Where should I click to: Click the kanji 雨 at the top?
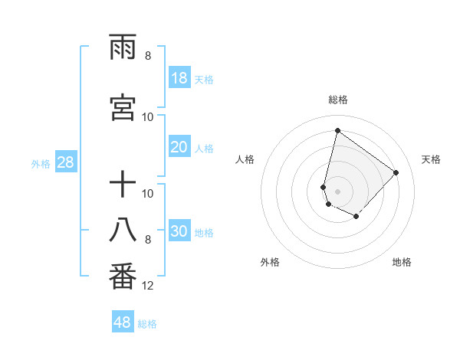pyautogui.click(x=123, y=51)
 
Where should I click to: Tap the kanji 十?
pyautogui.click(x=123, y=186)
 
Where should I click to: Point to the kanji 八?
pyautogui.click(x=123, y=231)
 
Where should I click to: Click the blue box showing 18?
pyautogui.click(x=179, y=78)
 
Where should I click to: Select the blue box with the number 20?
pyautogui.click(x=179, y=148)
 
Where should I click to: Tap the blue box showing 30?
pyautogui.click(x=179, y=232)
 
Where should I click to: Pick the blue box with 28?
pyautogui.click(x=65, y=162)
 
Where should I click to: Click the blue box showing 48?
pyautogui.click(x=123, y=322)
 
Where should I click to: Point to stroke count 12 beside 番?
pyautogui.click(x=148, y=286)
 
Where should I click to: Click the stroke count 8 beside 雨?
pyautogui.click(x=148, y=56)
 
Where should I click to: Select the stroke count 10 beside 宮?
pyautogui.click(x=148, y=116)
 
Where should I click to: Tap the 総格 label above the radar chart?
pyautogui.click(x=338, y=100)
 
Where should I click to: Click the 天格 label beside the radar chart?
pyautogui.click(x=431, y=159)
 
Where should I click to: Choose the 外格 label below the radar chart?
pyautogui.click(x=270, y=262)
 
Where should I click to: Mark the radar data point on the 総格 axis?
pyautogui.click(x=337, y=130)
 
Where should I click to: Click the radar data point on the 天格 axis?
pyautogui.click(x=396, y=172)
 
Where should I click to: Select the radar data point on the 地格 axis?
pyautogui.click(x=356, y=218)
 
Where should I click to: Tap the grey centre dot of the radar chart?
pyautogui.click(x=337, y=191)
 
